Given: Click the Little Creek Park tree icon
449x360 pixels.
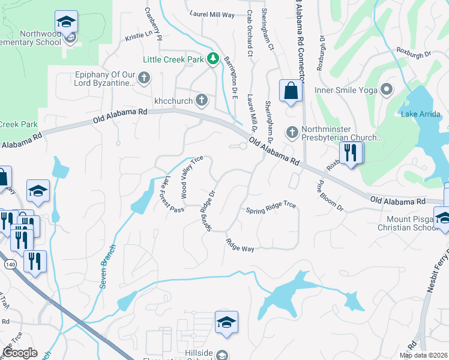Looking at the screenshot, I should coord(212,59).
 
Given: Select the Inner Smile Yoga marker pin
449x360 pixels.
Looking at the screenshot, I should coord(387,91).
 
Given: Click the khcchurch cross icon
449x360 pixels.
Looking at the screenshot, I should coord(202,100).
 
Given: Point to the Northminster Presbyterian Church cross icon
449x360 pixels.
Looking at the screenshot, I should coord(292,131).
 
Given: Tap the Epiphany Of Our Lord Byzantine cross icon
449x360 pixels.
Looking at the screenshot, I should coord(143,77).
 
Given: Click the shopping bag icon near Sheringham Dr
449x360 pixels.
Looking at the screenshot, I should coord(291,91).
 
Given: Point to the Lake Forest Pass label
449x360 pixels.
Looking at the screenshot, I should coord(175,194).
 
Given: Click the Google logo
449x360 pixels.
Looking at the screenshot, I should coord(20,352).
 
